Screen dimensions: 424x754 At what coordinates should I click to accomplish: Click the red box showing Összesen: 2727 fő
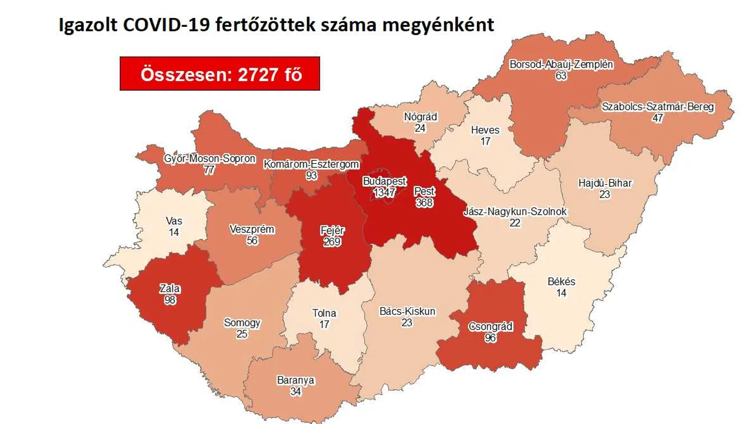[220, 74]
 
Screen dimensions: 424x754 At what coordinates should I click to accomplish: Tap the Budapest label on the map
[385, 181]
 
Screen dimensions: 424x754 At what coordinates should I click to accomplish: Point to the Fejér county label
[332, 230]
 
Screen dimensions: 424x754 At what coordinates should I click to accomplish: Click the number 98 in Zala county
[170, 300]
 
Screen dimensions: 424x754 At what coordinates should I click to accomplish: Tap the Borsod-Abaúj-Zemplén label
[561, 64]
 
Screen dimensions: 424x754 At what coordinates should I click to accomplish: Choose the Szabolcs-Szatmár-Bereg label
[658, 107]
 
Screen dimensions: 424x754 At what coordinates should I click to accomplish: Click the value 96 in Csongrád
[490, 337]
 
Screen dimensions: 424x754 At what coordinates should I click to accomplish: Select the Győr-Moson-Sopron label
[209, 159]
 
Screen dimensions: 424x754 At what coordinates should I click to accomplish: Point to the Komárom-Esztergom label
[311, 164]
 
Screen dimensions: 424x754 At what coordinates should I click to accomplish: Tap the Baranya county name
[296, 381]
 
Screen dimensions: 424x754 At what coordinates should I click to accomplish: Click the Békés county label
[561, 281]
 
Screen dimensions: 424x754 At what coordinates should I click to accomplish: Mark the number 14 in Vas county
[174, 232]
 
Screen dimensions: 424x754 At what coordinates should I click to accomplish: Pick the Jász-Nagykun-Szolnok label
[515, 212]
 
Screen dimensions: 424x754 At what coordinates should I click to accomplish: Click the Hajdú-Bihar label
[605, 183]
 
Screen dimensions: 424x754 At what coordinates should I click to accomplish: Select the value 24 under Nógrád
[420, 128]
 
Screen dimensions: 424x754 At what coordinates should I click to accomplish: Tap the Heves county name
[485, 130]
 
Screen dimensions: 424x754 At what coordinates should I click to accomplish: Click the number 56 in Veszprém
[252, 240]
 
